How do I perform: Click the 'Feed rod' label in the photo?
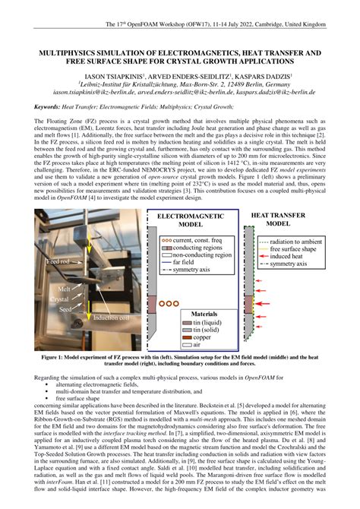[58, 261]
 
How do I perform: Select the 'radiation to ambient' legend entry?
[297, 242]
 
